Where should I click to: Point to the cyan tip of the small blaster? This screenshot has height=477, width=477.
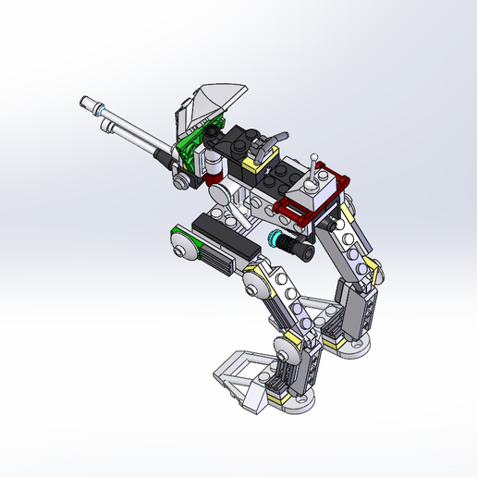click(x=274, y=240)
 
